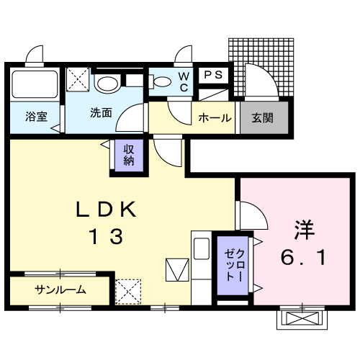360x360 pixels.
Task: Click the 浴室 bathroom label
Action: point(37,117)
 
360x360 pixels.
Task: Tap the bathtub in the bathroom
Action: point(35,84)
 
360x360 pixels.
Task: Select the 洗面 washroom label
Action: point(101,112)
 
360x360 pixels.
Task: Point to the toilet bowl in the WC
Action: point(161,82)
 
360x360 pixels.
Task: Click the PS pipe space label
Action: point(213,75)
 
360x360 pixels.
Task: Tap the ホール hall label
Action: point(215,118)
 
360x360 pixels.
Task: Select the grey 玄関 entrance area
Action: point(264,117)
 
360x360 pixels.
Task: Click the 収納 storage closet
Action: point(129,156)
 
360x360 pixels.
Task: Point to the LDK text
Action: point(106,210)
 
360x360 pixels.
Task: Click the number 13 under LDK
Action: point(106,236)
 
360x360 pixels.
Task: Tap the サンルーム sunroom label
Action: point(60,290)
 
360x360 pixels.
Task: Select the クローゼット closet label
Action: point(235,265)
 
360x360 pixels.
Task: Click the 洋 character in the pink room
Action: point(305,230)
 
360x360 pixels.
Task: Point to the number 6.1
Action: point(303,257)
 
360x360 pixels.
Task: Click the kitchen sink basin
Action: point(202,248)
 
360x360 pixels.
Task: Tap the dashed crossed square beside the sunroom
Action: point(128,292)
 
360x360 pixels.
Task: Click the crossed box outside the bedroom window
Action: point(302,318)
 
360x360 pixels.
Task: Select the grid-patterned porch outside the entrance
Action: point(261,67)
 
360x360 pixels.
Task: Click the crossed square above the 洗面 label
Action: point(78,79)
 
